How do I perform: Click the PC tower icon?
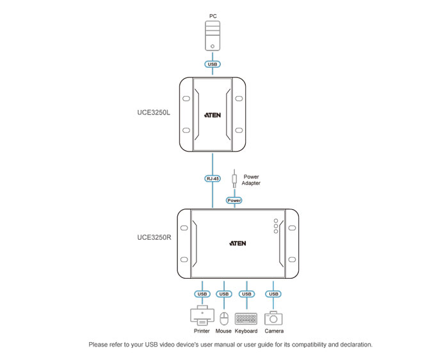click(x=212, y=35)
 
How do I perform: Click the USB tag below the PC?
click(x=212, y=65)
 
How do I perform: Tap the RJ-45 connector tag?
click(x=212, y=180)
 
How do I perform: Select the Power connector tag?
click(x=235, y=200)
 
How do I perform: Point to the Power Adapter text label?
click(x=251, y=180)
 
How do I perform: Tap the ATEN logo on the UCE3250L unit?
click(x=212, y=116)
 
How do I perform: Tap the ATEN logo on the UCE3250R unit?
click(x=237, y=243)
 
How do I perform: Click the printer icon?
click(x=202, y=316)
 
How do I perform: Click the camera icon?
click(x=274, y=317)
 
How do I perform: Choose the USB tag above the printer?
click(x=202, y=294)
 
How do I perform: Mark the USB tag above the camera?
click(x=274, y=294)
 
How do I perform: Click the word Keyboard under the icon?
click(x=246, y=331)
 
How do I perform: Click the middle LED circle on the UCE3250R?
click(x=276, y=226)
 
